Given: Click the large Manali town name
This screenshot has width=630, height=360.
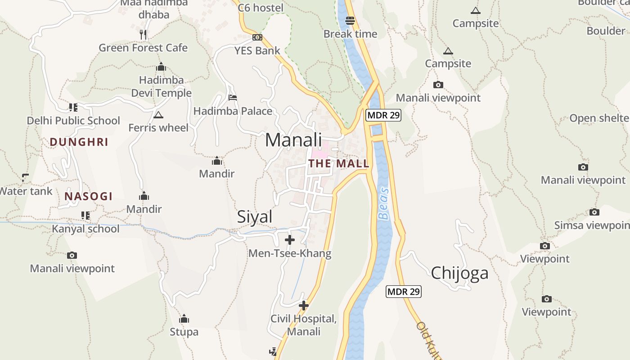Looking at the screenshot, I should pyautogui.click(x=293, y=140).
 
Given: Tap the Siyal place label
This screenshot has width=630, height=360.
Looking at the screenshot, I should pyautogui.click(x=255, y=217).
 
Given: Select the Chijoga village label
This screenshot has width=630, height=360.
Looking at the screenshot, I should pyautogui.click(x=459, y=273).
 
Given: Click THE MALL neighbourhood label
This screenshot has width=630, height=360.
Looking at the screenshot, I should pyautogui.click(x=339, y=163).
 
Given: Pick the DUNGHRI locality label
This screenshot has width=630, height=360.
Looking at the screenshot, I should pyautogui.click(x=79, y=142).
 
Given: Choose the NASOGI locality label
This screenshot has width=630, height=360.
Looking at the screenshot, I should pyautogui.click(x=88, y=196).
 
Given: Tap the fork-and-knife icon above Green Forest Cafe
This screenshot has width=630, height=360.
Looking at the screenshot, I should pyautogui.click(x=143, y=34).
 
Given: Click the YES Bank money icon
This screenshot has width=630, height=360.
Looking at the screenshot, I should pyautogui.click(x=257, y=37).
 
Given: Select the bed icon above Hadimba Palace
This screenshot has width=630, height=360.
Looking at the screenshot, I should pyautogui.click(x=233, y=97).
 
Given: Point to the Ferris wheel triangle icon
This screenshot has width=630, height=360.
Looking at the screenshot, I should pyautogui.click(x=158, y=115).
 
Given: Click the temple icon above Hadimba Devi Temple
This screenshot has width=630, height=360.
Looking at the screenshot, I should pyautogui.click(x=161, y=67).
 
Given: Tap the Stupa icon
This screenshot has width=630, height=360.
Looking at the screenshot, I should pyautogui.click(x=184, y=319).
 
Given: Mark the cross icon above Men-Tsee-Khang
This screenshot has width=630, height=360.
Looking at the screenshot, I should pyautogui.click(x=290, y=240).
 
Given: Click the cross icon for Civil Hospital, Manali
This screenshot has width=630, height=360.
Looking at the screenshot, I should pyautogui.click(x=304, y=306).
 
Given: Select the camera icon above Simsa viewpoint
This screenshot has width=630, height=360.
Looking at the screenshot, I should pyautogui.click(x=594, y=212).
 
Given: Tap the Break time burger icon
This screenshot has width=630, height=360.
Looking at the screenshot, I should pyautogui.click(x=350, y=21).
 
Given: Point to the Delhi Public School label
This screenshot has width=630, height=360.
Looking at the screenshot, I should pyautogui.click(x=73, y=121).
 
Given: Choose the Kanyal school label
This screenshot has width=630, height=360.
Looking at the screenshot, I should pyautogui.click(x=85, y=229).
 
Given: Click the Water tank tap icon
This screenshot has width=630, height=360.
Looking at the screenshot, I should pyautogui.click(x=25, y=177).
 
